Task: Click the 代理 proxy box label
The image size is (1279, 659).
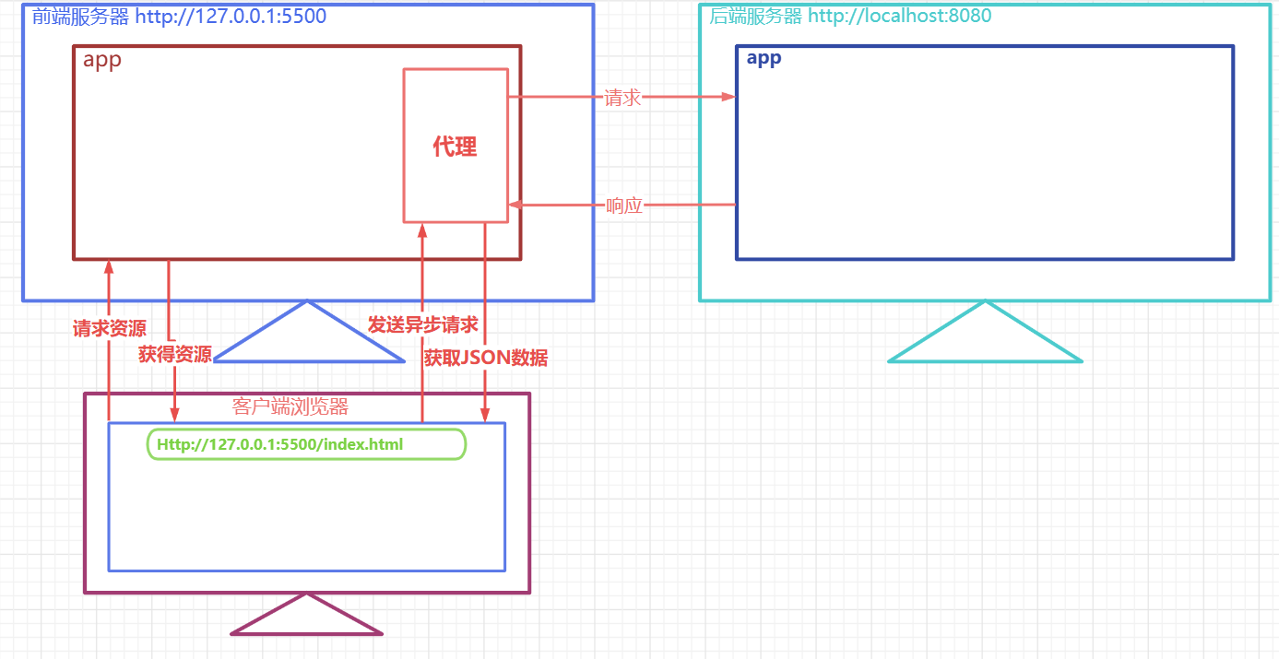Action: point(455,147)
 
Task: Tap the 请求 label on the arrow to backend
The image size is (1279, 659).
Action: point(622,98)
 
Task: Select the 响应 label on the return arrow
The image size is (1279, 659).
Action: point(624,206)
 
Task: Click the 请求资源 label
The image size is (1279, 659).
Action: point(109,328)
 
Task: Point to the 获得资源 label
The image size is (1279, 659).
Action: point(175,354)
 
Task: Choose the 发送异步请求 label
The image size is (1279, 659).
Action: point(422,324)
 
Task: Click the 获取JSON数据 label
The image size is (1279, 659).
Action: point(486,358)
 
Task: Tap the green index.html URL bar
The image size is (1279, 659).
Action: point(306,444)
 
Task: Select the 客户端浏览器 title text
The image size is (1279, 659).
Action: point(290,406)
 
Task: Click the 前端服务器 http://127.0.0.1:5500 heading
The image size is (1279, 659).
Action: point(179,16)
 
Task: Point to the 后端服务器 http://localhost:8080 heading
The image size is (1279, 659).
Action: point(850,16)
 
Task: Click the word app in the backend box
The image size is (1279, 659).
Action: point(764,58)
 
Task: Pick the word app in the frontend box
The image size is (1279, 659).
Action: point(101,61)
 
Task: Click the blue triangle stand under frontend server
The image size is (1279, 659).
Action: point(308,339)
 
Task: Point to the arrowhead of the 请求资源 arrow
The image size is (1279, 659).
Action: point(109,266)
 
